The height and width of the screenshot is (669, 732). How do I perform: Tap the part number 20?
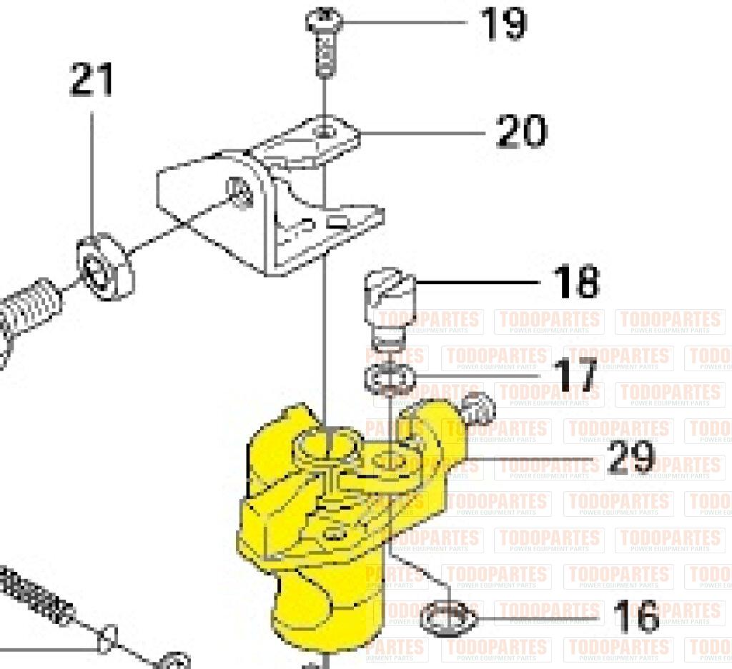coord(522,131)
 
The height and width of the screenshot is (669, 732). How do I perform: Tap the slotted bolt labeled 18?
coord(387,307)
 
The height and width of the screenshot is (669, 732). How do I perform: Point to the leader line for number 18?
coord(479,283)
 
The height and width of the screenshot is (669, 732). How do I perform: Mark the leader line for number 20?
coord(422,132)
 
